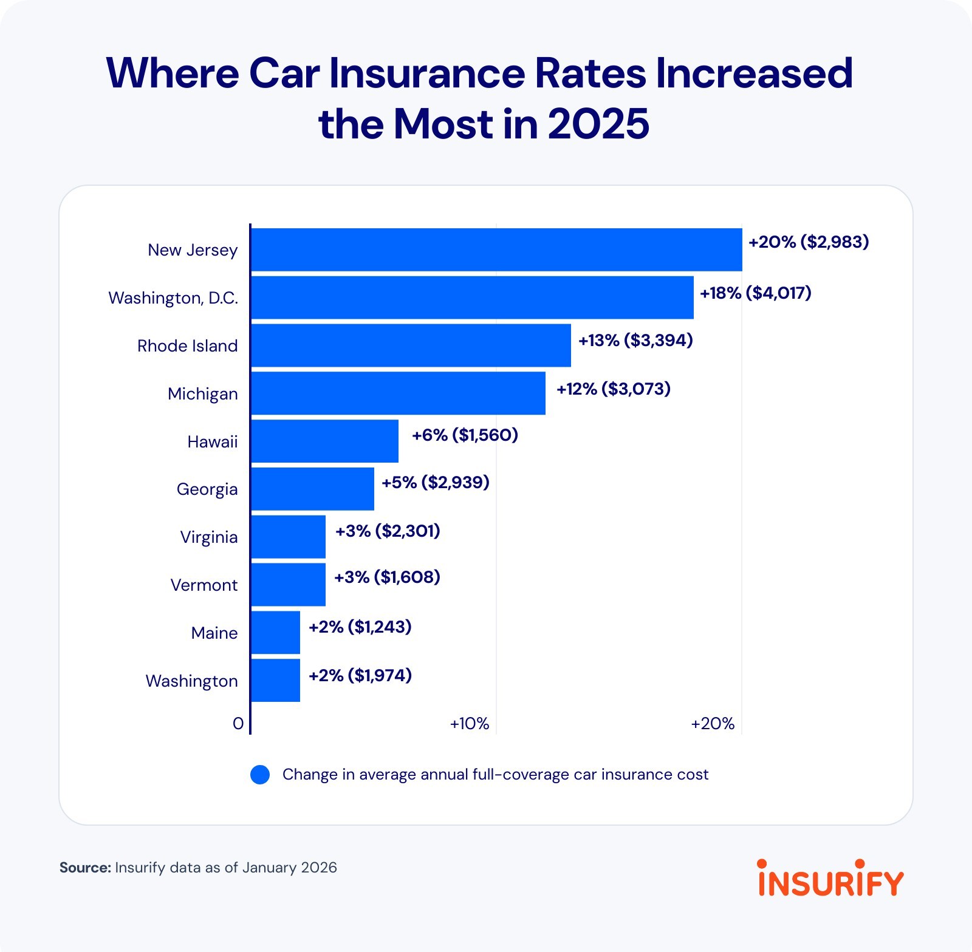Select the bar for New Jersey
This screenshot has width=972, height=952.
(x=496, y=250)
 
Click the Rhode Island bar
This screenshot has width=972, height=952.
(x=411, y=345)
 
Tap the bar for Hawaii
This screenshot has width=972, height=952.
(x=324, y=441)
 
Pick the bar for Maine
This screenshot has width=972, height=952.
(x=275, y=633)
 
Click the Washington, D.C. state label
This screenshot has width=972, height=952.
(x=173, y=298)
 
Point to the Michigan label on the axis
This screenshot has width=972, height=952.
(x=202, y=394)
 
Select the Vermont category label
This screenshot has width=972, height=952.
(x=204, y=585)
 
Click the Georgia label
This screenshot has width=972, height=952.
(x=207, y=489)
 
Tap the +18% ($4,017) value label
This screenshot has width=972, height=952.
(x=755, y=293)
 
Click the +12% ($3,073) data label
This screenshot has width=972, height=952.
(x=613, y=389)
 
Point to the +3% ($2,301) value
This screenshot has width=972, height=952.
(x=388, y=531)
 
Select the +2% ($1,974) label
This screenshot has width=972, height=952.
(x=360, y=675)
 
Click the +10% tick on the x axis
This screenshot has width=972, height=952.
(x=469, y=724)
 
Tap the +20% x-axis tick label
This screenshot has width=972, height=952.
(x=713, y=724)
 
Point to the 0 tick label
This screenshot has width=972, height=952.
(x=238, y=724)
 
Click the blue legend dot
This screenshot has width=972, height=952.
(x=260, y=775)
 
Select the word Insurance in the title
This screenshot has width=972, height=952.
(x=428, y=73)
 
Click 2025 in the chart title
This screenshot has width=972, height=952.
(x=598, y=124)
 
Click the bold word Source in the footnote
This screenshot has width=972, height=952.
(x=84, y=868)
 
